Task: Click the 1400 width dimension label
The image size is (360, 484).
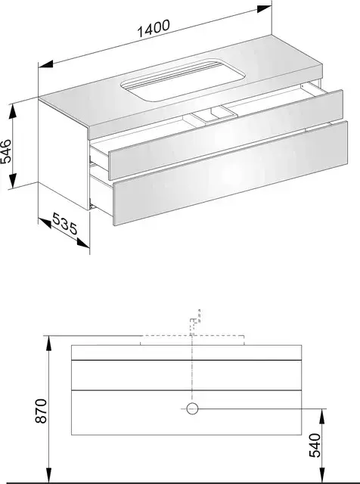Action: [154, 28]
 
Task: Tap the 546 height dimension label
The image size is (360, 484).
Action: [6, 151]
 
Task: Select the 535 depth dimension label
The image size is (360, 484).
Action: [65, 224]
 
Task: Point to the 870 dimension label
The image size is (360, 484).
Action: [41, 411]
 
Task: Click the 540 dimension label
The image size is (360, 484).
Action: [315, 445]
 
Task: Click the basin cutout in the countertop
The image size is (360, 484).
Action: [183, 79]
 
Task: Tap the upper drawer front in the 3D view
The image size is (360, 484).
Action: [225, 135]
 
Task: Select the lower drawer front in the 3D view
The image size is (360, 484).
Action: [231, 173]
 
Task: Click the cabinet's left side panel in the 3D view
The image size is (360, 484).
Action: [64, 154]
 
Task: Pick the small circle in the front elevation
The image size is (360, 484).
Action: [192, 408]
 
